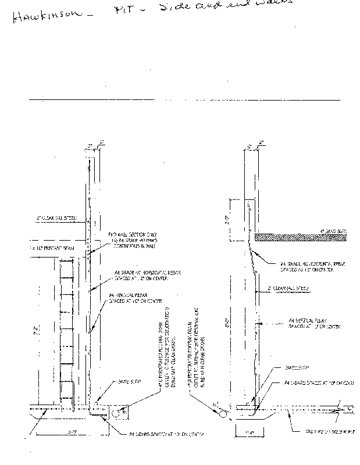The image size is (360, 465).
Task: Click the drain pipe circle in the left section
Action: [116, 414]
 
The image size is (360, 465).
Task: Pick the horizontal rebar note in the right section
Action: [313, 266]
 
